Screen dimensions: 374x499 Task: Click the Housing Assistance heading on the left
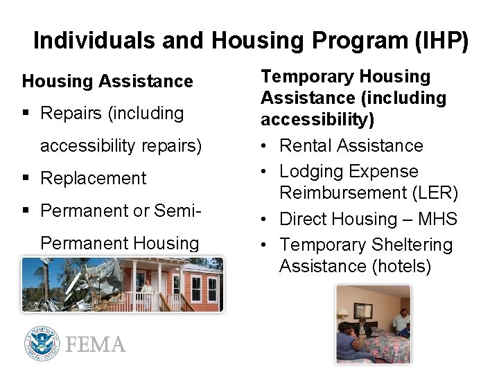click(x=107, y=82)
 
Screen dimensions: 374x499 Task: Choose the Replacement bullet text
click(x=94, y=178)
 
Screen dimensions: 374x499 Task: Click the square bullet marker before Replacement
click(x=27, y=179)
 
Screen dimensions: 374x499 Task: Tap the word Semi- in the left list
click(x=175, y=211)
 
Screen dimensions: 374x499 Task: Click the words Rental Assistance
click(x=351, y=145)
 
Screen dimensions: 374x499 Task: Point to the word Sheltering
click(x=412, y=245)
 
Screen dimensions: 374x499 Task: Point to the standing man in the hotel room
click(x=401, y=322)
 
